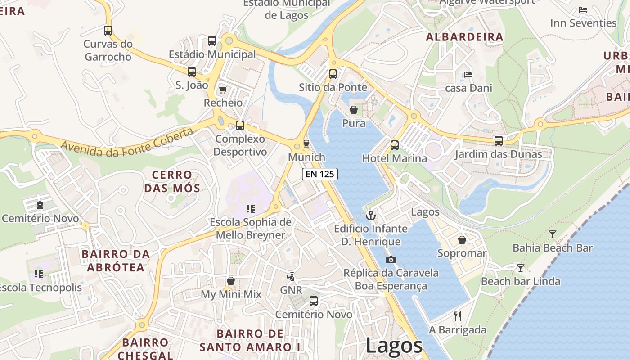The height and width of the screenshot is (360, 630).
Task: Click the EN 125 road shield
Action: tap(319, 174)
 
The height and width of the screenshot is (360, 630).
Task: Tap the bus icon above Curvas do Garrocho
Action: tap(108, 31)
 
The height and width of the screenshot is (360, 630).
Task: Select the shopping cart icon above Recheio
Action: tap(223, 90)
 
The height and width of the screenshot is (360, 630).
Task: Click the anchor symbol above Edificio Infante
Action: tap(370, 216)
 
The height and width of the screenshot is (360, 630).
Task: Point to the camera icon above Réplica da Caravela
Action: tap(391, 260)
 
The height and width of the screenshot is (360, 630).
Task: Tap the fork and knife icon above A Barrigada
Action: tap(458, 316)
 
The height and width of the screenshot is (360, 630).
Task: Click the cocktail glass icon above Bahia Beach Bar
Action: tap(553, 234)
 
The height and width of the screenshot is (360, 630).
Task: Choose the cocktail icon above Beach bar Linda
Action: tap(521, 268)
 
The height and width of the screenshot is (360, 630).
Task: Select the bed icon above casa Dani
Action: tap(468, 75)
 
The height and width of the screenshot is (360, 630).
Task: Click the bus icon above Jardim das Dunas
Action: tap(499, 141)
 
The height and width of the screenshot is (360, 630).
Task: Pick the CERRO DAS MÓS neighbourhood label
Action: tap(172, 181)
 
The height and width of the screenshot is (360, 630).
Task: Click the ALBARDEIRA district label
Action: tap(464, 37)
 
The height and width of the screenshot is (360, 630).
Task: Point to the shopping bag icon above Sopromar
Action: tap(462, 240)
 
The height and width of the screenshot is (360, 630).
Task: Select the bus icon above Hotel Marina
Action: tap(395, 145)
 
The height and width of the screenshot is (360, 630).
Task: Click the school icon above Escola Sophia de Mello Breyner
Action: tap(251, 208)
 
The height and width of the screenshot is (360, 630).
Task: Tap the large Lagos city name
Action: tap(394, 346)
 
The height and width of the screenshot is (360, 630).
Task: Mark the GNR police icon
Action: tap(291, 276)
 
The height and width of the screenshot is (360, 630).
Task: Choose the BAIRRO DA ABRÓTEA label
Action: tap(116, 261)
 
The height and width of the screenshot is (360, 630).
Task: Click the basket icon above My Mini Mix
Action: tap(231, 281)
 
